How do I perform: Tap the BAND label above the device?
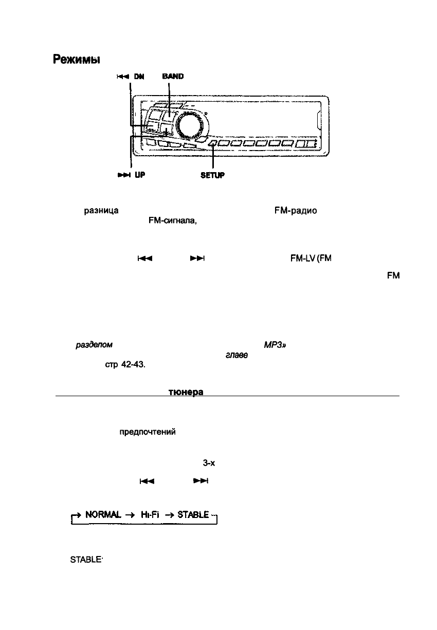[172, 76]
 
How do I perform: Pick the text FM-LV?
[295, 258]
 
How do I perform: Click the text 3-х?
[209, 463]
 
